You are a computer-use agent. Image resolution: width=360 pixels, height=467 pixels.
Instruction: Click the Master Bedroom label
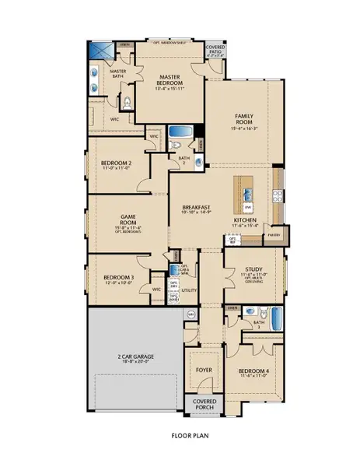click(x=170, y=81)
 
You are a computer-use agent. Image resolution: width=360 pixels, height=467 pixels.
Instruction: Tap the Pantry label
click(x=273, y=233)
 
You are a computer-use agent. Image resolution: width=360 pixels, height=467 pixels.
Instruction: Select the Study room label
click(x=245, y=269)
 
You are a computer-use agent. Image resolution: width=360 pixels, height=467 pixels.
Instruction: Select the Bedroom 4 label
click(x=253, y=370)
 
